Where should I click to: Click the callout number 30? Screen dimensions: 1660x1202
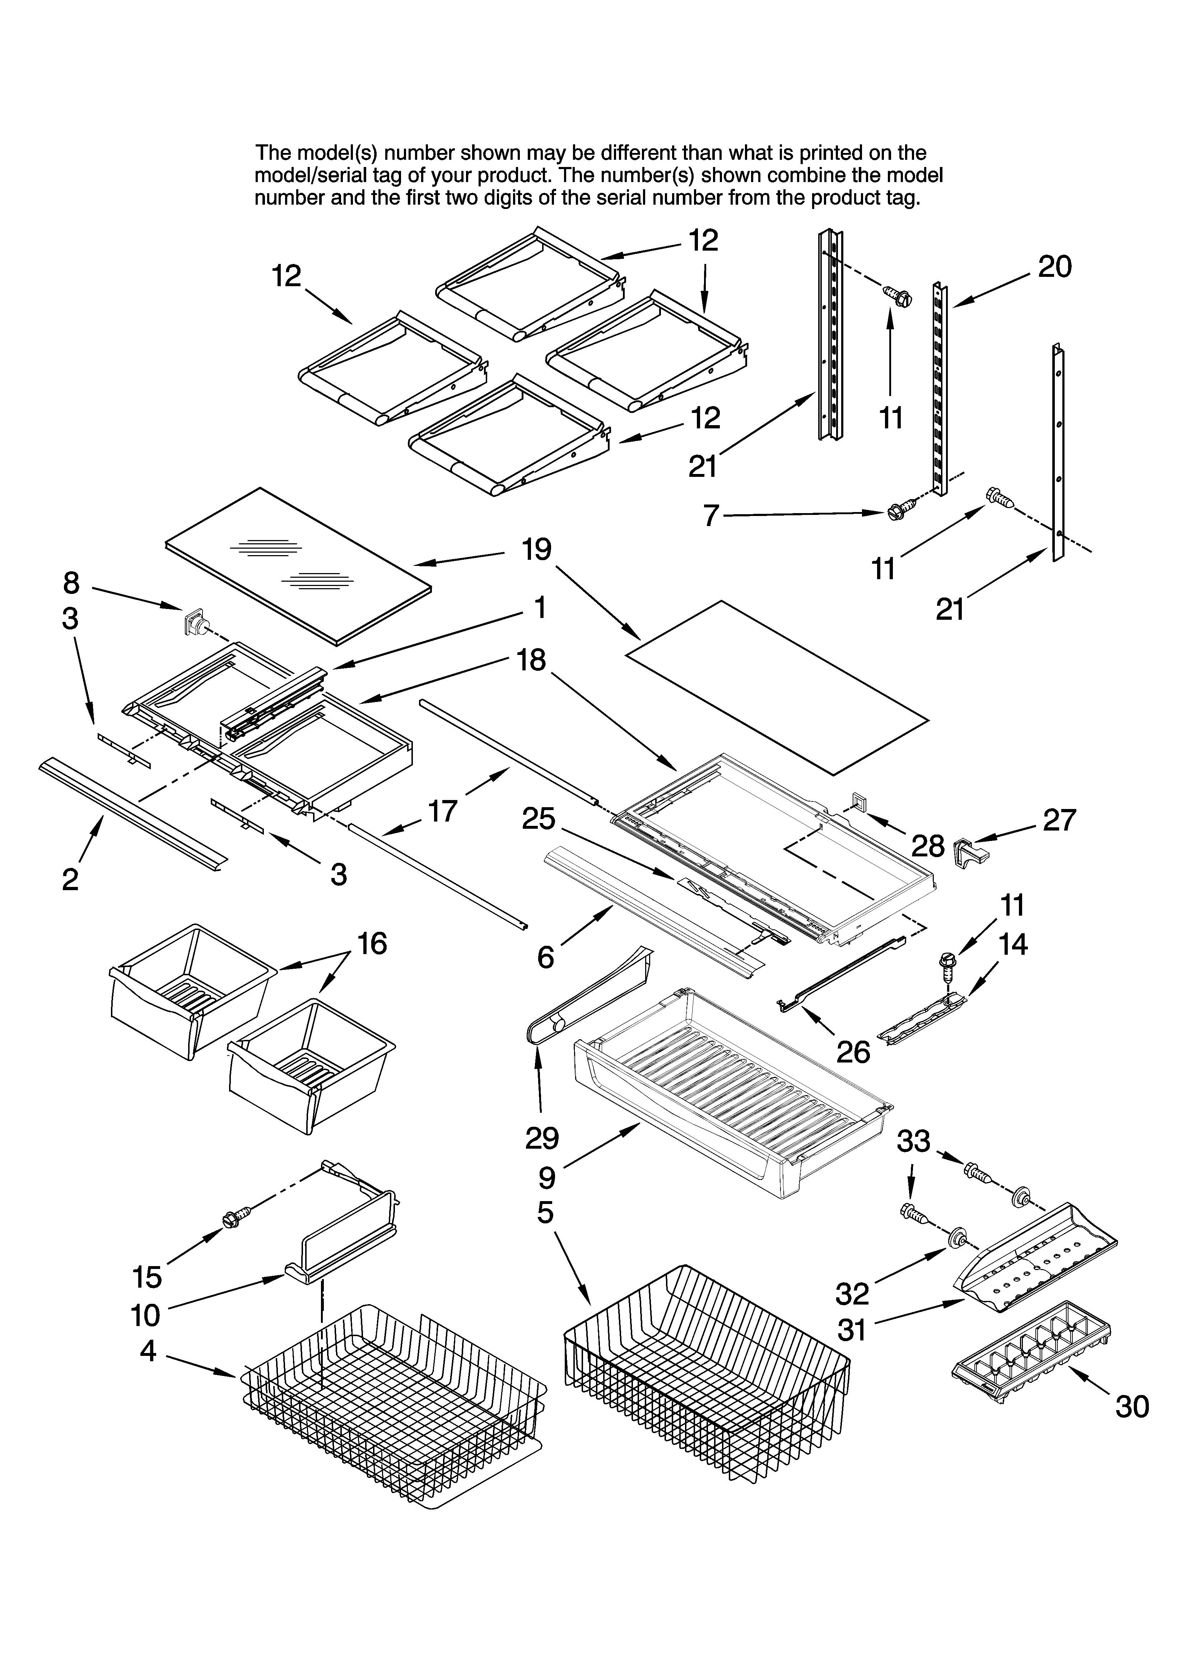point(1132,1407)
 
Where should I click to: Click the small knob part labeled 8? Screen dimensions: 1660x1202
point(194,624)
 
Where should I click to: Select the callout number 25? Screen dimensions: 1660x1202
point(539,818)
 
